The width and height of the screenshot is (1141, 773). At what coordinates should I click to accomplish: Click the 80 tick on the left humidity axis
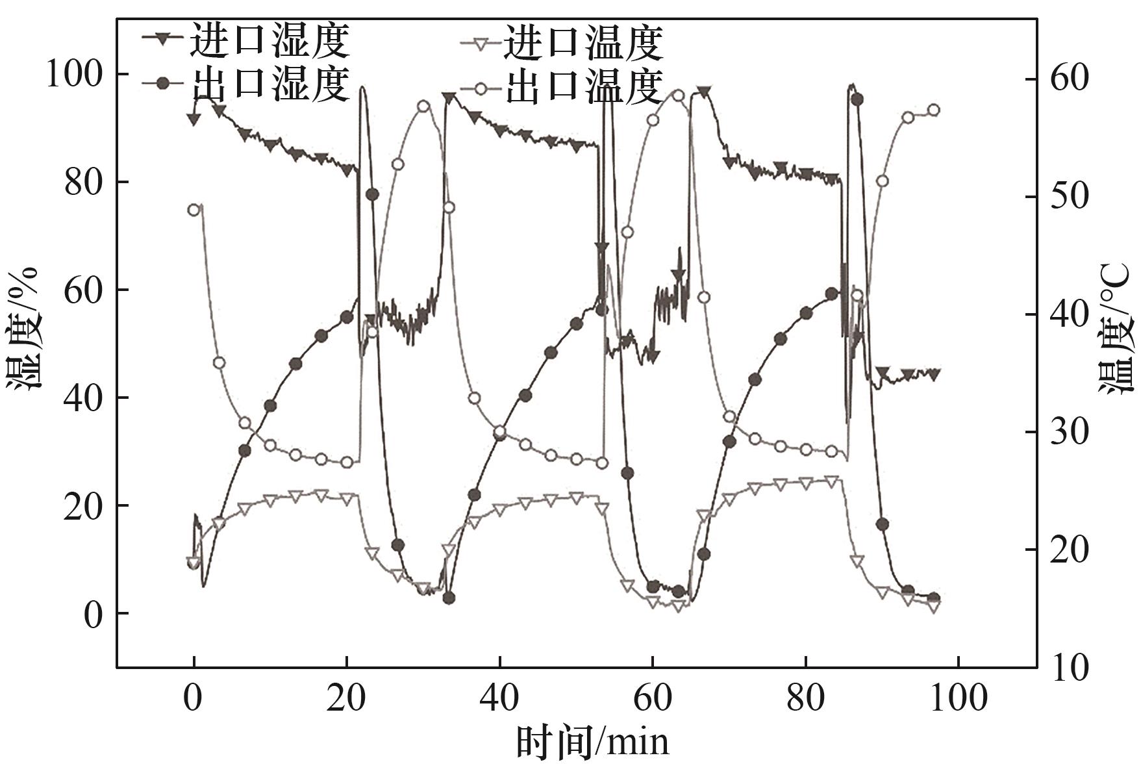click(x=83, y=183)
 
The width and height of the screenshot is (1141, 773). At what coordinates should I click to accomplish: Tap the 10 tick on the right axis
click(x=1069, y=667)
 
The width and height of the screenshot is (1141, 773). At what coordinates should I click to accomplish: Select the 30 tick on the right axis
click(x=1069, y=432)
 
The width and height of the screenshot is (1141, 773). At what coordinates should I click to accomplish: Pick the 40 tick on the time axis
click(x=499, y=699)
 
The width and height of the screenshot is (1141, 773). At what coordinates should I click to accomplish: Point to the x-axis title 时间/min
click(x=592, y=742)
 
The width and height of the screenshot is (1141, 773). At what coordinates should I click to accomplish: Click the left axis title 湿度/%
click(x=25, y=328)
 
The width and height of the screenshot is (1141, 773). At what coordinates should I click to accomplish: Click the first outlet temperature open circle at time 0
click(x=194, y=210)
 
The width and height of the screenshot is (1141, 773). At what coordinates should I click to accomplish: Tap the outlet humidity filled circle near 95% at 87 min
click(x=857, y=99)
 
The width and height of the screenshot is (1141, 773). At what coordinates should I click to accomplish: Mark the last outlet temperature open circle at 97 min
click(x=934, y=110)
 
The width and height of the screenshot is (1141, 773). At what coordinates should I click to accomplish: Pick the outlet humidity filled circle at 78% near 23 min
click(x=372, y=194)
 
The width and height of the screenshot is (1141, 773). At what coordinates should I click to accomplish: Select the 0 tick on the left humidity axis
click(x=93, y=614)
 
